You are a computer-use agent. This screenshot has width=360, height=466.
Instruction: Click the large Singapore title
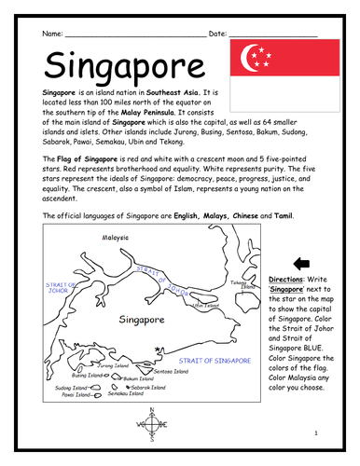tap(109, 66)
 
